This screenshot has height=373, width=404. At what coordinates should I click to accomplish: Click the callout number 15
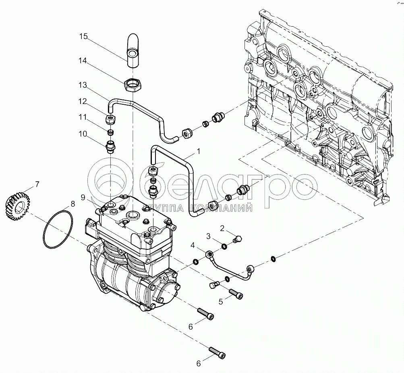click(83, 37)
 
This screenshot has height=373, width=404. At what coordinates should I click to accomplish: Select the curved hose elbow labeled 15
click(131, 52)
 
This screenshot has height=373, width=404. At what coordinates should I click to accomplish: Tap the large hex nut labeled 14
click(133, 85)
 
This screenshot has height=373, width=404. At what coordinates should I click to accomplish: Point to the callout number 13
click(83, 85)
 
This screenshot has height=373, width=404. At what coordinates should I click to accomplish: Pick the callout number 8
click(73, 203)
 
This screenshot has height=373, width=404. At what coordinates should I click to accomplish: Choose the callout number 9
click(83, 197)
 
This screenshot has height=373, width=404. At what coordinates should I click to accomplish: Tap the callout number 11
click(83, 117)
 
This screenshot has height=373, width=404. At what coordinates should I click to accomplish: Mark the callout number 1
click(198, 152)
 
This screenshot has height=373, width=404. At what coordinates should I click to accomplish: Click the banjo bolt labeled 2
click(237, 239)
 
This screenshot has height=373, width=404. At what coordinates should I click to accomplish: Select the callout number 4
click(193, 245)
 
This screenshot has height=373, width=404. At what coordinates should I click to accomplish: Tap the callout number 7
click(37, 185)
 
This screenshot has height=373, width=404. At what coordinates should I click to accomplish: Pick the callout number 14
click(83, 61)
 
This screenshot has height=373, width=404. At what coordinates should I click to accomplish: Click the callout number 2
click(222, 228)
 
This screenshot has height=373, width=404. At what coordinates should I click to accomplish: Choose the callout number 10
click(83, 134)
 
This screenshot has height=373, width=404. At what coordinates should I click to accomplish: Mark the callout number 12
click(83, 101)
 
